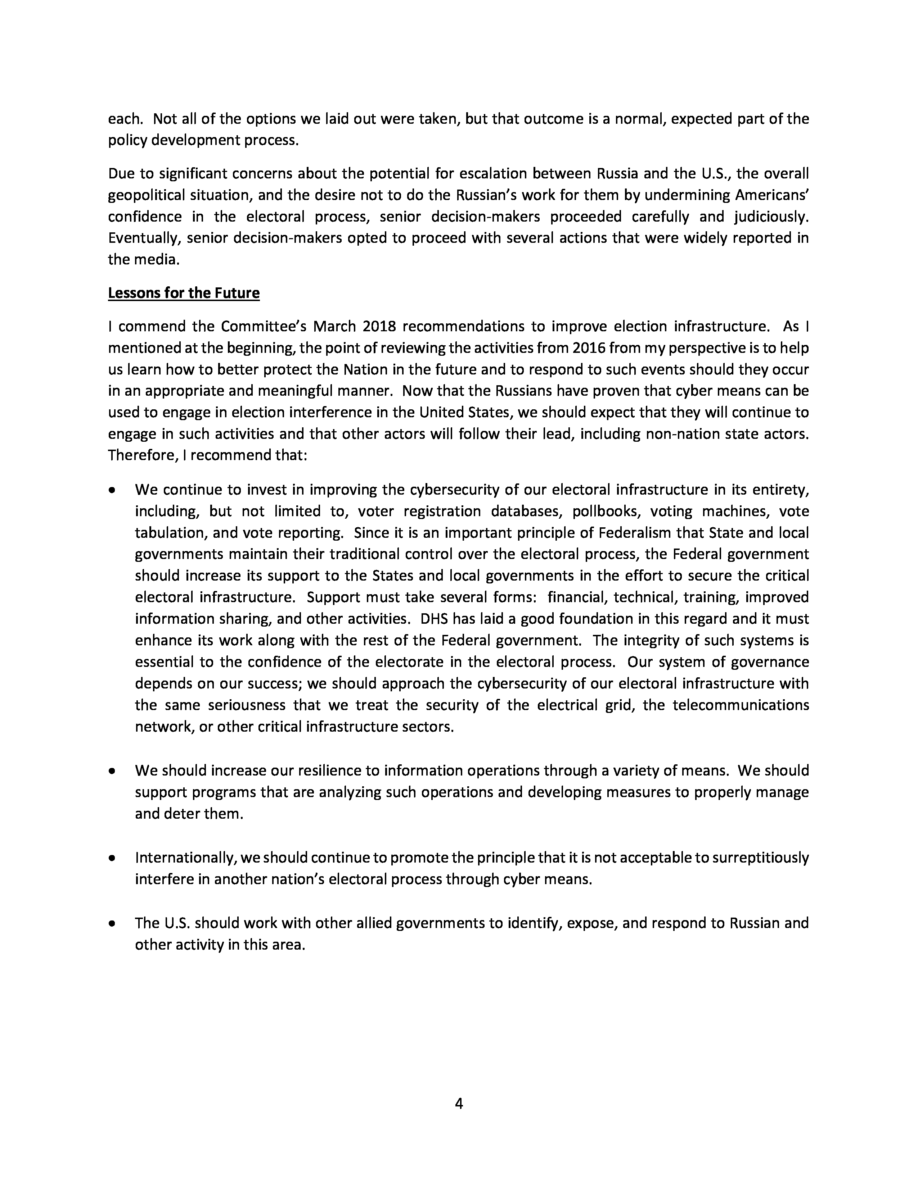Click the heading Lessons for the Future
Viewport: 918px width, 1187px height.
(x=184, y=293)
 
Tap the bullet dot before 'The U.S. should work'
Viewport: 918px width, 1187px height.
(x=112, y=923)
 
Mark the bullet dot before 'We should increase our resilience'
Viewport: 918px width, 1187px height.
(x=112, y=771)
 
